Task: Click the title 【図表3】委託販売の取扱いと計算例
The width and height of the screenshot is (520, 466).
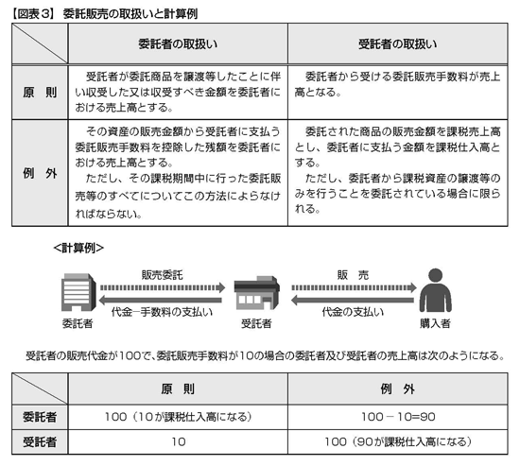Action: pos(105,14)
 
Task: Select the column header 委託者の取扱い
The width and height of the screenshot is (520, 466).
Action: pos(178,43)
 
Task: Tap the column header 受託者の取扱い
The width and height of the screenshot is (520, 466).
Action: pos(398,43)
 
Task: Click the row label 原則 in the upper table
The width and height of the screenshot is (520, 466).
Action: pos(40,93)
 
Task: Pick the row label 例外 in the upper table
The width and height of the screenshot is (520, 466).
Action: pos(40,173)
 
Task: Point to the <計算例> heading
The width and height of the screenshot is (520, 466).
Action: pos(78,248)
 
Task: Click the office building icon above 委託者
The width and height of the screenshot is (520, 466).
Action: pos(78,292)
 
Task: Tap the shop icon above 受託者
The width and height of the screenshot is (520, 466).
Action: pos(256,292)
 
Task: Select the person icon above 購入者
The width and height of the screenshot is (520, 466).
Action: pos(436,290)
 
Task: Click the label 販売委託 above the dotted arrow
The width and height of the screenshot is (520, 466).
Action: pos(163,275)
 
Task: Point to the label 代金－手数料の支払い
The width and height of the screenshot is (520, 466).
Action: pos(162,312)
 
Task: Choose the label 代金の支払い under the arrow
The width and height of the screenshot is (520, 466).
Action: pos(353,312)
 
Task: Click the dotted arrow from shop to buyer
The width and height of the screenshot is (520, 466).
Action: pos(354,287)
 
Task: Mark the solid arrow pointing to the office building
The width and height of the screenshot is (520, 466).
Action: pos(161,301)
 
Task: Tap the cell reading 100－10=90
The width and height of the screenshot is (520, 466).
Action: pos(398,417)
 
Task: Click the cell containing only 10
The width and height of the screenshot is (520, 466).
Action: pos(179,441)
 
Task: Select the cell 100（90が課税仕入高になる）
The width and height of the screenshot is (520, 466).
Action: pos(398,441)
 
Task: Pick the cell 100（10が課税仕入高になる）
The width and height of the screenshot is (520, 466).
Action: pos(179,417)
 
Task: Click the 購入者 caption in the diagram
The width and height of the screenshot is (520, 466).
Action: pos(435,323)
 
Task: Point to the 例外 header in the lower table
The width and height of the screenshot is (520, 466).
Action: pos(398,388)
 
